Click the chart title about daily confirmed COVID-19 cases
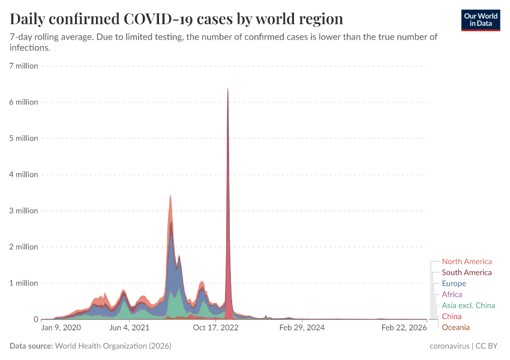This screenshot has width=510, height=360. coord(176,19)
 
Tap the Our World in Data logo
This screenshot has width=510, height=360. coord(481,20)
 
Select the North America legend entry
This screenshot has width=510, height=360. coord(466,262)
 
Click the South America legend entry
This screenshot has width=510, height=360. coord(466,272)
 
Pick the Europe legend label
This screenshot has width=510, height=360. coord(454,283)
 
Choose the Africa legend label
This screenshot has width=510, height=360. coord(452,295)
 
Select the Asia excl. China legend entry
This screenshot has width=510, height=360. coord(468,305)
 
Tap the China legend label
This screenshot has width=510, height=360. coord(452,316)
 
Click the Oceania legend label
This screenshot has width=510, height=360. coord(455,327)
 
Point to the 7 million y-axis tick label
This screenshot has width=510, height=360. coord(24,66)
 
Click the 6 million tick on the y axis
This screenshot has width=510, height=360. coord(24,102)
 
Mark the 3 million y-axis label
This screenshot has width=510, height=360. coord(24,211)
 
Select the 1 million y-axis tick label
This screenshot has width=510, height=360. coord(24,283)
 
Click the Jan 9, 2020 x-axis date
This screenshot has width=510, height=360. coord(61,328)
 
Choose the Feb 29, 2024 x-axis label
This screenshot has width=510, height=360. coord(302,328)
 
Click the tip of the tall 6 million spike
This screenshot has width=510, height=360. coord(228,89)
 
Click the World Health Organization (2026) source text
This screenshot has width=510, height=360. coord(113,346)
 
